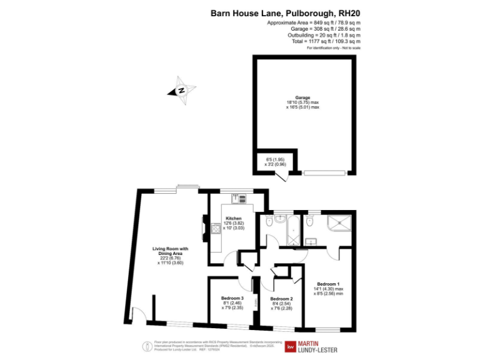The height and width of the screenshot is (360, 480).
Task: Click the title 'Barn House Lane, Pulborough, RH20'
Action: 285,12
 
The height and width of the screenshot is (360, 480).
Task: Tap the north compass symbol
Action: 181,90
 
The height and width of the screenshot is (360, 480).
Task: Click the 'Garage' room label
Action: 303,97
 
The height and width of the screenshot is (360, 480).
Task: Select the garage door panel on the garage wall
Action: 326,173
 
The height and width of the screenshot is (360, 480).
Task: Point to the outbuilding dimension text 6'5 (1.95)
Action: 276,159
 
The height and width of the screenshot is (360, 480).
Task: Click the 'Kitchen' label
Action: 234,219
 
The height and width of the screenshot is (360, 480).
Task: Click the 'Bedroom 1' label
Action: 328,284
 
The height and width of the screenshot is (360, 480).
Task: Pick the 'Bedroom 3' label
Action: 232,298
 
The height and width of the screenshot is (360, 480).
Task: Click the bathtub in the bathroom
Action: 291,232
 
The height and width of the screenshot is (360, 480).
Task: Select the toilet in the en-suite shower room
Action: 307,220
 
